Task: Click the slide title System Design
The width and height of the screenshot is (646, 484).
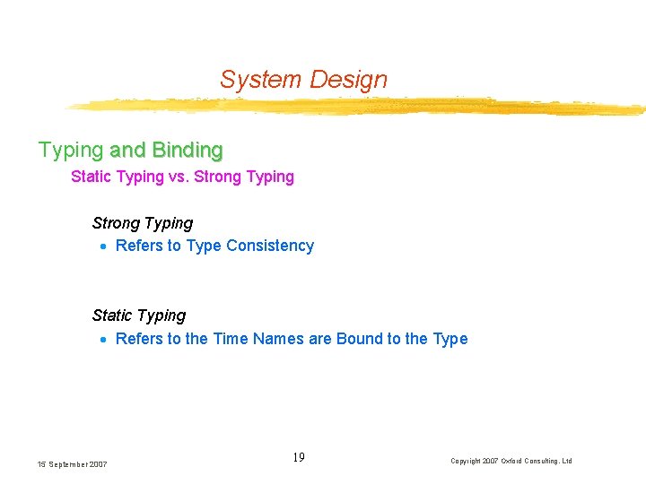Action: (303, 80)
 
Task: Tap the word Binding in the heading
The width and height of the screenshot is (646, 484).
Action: (188, 149)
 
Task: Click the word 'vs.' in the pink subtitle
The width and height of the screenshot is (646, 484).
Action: (179, 177)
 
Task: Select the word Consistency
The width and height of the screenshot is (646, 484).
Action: (270, 246)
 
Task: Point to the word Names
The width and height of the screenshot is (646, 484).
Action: (279, 339)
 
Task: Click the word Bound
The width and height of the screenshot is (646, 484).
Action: (359, 339)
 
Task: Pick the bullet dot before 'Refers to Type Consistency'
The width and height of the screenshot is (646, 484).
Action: (104, 246)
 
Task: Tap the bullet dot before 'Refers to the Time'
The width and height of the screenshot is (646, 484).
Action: (104, 340)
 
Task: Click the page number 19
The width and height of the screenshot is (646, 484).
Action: (299, 458)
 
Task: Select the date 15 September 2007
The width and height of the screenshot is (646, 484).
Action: (72, 464)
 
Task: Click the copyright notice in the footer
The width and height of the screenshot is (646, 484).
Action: (511, 461)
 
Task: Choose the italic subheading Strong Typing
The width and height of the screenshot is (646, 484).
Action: (143, 222)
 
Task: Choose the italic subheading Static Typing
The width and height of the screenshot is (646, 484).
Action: (139, 315)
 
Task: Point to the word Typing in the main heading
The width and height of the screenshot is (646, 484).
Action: (71, 150)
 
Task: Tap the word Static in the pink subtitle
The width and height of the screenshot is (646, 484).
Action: (91, 177)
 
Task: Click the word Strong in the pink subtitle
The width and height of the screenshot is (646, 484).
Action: (217, 177)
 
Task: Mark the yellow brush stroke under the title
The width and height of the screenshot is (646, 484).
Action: (359, 108)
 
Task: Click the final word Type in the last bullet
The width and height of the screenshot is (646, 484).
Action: (450, 339)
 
